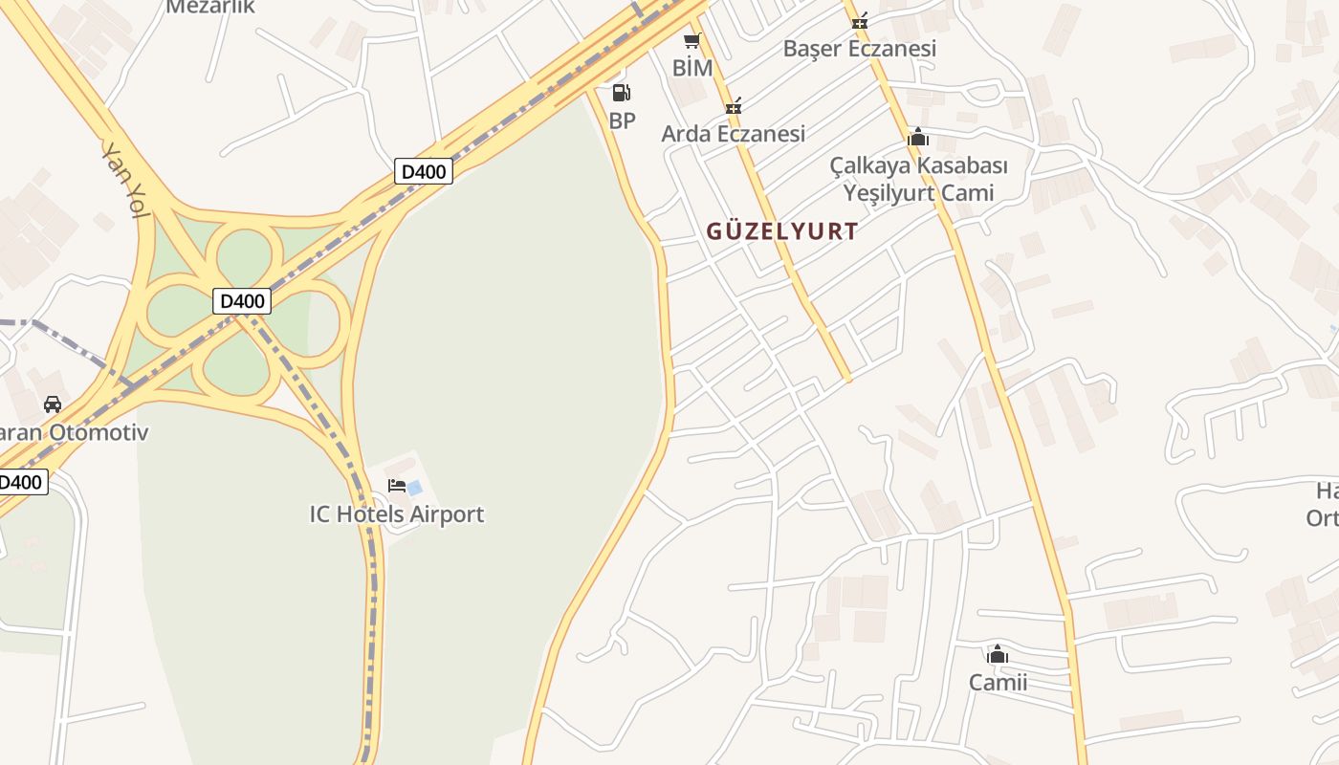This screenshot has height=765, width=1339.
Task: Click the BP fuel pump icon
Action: [x=621, y=93]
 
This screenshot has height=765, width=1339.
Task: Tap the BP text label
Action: [x=622, y=120]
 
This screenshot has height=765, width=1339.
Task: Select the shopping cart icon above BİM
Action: [x=692, y=41]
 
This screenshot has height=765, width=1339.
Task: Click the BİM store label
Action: [x=692, y=68]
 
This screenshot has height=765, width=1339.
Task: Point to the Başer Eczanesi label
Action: [x=859, y=48]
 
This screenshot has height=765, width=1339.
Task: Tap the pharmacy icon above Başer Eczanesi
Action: [x=859, y=20]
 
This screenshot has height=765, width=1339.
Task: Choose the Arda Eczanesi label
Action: [x=733, y=133]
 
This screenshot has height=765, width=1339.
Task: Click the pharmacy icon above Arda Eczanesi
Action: [x=734, y=106]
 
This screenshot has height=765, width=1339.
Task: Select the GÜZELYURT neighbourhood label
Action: [x=781, y=230]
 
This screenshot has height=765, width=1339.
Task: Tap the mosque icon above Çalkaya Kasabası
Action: [x=918, y=138]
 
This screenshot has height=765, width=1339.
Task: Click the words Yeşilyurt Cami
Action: [x=918, y=192]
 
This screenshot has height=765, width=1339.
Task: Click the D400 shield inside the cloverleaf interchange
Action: [x=242, y=301]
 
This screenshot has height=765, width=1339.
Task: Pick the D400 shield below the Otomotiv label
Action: [x=21, y=481]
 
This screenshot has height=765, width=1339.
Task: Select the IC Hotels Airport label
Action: [x=396, y=514]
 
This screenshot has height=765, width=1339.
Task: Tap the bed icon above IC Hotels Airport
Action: [x=397, y=486]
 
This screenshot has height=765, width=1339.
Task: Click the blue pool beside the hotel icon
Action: [x=415, y=488]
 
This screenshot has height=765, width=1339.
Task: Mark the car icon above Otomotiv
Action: [x=53, y=404]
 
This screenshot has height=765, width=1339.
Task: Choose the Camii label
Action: [x=998, y=682]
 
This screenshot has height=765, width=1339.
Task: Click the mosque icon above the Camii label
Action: [x=998, y=655]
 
